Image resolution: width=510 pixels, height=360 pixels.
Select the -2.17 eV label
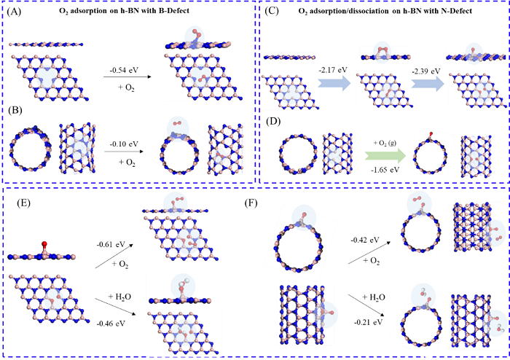point(332,70)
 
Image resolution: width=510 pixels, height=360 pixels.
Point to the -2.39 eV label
point(425,70)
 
